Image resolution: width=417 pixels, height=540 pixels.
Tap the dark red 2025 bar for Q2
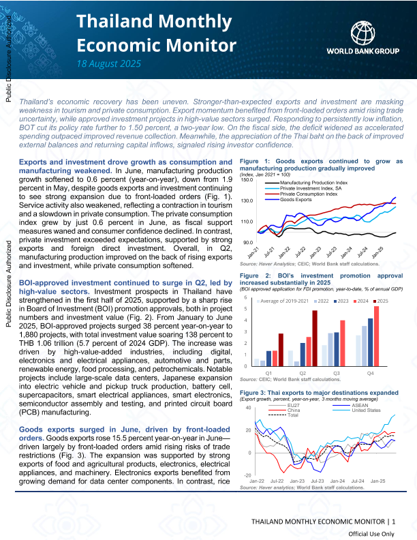tap(315, 338)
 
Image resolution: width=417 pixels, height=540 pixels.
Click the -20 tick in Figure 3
tap(248, 475)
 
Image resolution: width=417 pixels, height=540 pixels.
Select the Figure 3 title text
tap(319, 393)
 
